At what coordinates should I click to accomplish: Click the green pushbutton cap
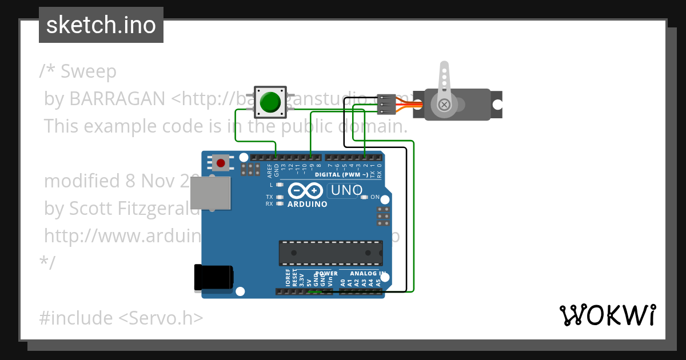pos(270,103)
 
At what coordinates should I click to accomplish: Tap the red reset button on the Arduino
pos(221,163)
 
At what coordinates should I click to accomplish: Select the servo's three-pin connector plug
pos(387,103)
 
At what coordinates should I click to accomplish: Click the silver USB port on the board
pos(210,192)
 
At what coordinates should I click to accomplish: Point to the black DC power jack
pos(213,278)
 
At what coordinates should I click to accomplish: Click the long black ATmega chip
pos(330,253)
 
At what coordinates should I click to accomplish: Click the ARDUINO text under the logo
pos(308,204)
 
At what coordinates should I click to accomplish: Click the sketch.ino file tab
pos(101,25)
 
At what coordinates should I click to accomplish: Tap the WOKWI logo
pos(607,315)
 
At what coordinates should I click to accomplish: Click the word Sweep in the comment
pos(89,71)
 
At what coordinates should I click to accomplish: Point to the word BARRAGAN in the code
pos(117,99)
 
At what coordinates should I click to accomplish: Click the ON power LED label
pos(375,197)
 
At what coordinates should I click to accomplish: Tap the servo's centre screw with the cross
pos(444,105)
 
